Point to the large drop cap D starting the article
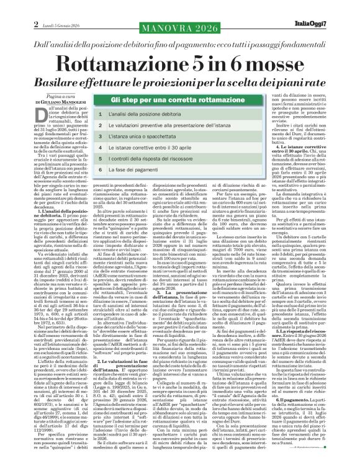pos(38,115)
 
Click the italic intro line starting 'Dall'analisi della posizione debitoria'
pos(180,29)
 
